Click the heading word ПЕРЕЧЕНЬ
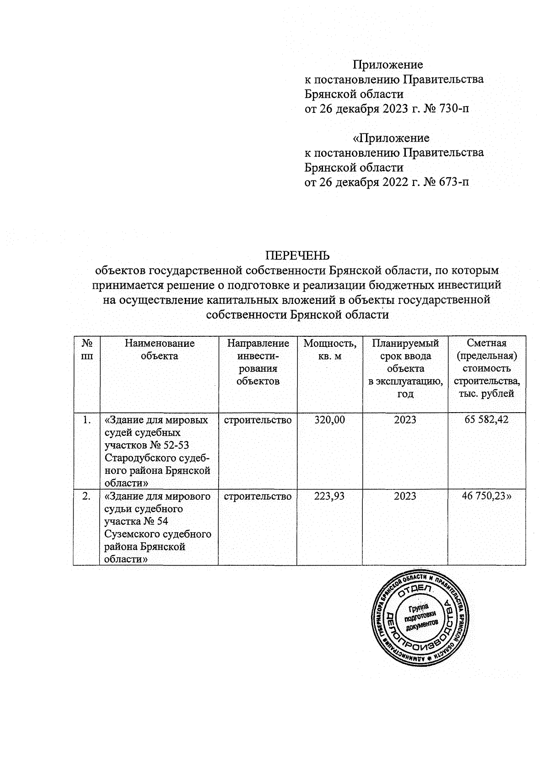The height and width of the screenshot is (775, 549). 298,255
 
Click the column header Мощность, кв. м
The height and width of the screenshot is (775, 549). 329,350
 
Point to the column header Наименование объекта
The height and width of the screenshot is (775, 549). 159,350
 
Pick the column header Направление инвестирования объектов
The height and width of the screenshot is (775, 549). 258,362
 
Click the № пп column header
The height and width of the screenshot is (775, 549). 86,350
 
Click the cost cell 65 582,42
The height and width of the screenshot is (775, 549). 486,420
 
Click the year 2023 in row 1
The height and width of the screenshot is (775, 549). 405,420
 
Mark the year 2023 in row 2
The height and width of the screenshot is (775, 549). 405,496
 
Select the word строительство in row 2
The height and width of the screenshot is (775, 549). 258,496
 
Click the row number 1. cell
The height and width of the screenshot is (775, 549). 86,420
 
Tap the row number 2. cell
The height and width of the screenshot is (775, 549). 86,496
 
